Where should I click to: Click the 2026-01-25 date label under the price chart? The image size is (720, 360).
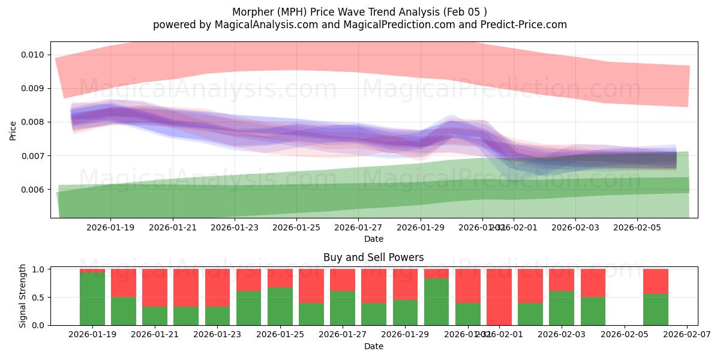pos(296,227)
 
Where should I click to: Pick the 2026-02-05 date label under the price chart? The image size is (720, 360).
pos(637,227)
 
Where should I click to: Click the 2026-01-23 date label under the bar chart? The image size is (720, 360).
pos(218,335)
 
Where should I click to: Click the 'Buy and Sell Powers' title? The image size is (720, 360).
pos(373,257)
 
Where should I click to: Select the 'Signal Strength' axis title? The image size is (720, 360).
pos(22,296)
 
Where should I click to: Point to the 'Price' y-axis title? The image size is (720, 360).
pos(13,130)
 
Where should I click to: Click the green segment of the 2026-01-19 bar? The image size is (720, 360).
pos(92,299)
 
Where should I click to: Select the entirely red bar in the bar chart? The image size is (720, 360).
pos(499,297)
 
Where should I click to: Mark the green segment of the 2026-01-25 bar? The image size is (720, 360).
pos(280,306)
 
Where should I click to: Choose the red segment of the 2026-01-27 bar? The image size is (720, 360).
pos(343,280)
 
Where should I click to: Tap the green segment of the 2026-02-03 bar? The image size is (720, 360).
pos(562,308)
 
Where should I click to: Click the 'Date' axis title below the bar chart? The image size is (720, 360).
pos(373,346)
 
